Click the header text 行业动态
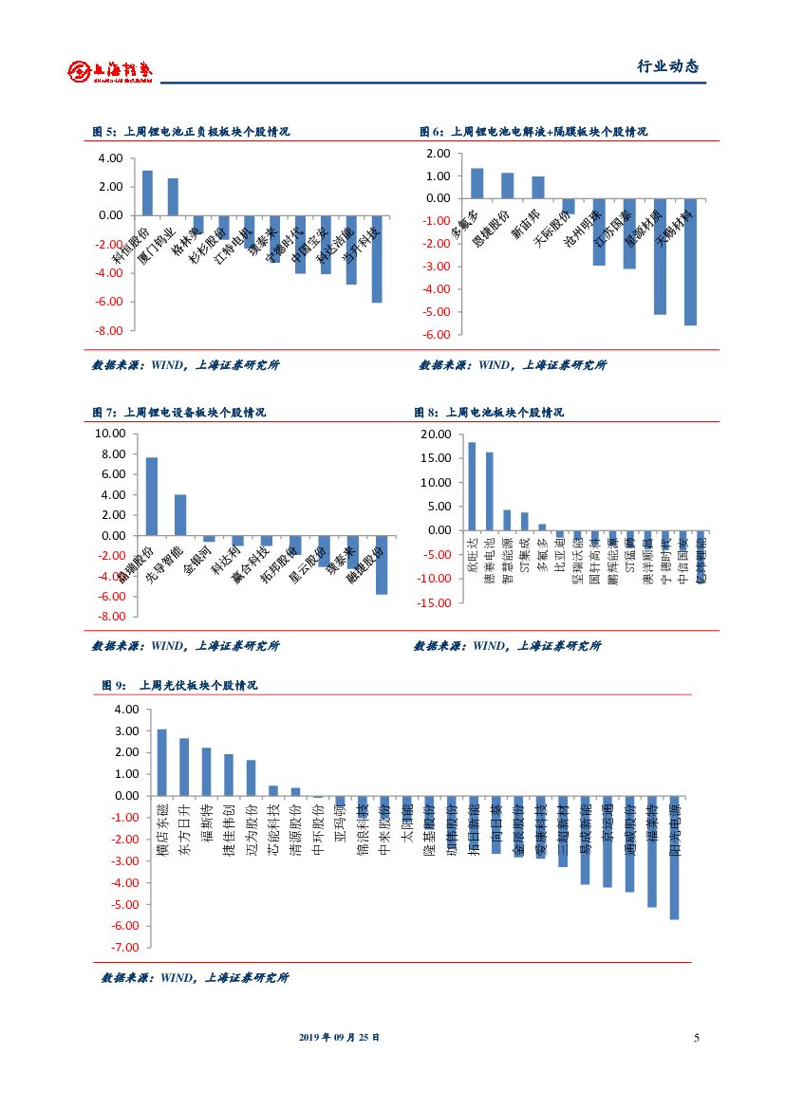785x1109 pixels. [666, 67]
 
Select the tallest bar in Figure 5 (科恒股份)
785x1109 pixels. [147, 193]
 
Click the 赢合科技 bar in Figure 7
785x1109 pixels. [267, 541]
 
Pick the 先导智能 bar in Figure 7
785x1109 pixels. [180, 515]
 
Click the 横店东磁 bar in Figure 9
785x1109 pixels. [161, 763]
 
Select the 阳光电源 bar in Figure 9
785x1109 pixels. [674, 858]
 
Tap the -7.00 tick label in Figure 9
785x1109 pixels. [125, 948]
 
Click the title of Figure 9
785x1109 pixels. [179, 685]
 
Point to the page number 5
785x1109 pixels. [696, 1038]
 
